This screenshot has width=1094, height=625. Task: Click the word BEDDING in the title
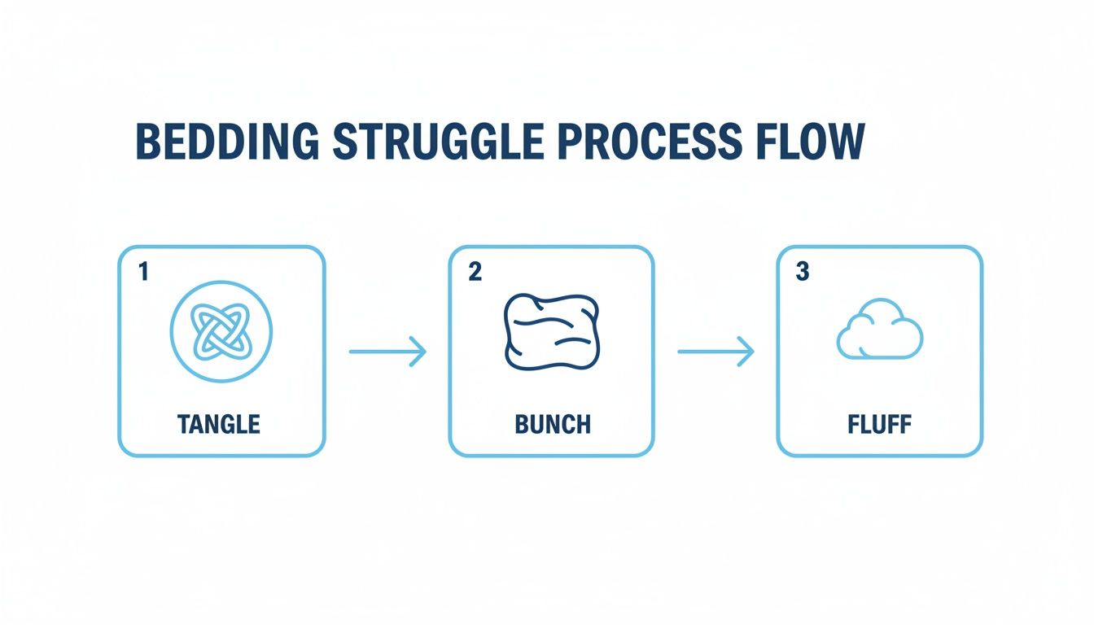227,142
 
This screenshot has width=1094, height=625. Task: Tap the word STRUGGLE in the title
438,142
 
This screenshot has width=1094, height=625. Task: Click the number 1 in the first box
143,273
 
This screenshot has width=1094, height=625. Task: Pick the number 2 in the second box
475,273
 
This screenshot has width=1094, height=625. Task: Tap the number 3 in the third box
803,273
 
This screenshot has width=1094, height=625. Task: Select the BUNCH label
553,424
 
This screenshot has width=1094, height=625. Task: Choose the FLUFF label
880,424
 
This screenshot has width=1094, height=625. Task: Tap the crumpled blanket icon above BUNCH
552,330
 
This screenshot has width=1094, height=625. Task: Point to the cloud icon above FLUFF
879,332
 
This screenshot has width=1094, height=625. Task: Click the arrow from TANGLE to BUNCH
387,352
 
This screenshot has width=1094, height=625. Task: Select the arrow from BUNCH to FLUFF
715,352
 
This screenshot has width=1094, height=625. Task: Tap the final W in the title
844,142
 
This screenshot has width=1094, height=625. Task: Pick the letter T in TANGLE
184,424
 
